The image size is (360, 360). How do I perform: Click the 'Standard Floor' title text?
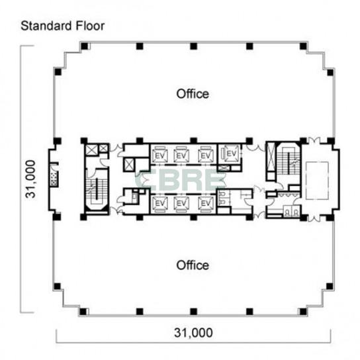pos(62,26)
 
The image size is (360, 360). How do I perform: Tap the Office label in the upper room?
pos(193,94)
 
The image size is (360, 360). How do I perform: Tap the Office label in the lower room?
pos(193,265)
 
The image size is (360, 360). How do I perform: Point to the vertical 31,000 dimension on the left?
pos(31,179)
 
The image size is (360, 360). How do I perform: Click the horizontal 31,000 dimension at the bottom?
pos(193,333)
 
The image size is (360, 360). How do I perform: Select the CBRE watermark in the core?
pos(181,180)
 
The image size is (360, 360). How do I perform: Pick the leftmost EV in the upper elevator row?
pos(159,156)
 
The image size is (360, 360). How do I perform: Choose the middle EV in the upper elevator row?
pos(181,156)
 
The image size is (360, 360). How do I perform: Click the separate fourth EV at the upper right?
pos(231,153)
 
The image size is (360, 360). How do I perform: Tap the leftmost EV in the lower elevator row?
pos(160,203)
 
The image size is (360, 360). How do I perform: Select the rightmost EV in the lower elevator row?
pos(206,203)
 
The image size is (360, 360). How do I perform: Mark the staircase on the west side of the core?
pos(97,191)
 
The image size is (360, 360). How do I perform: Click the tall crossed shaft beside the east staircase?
pos(271,157)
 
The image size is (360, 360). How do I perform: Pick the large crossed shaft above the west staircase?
pos(91,150)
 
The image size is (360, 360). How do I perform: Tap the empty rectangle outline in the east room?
pos(317,181)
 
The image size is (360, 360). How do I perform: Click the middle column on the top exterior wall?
pos(193,46)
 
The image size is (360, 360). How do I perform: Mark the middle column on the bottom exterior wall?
pos(193,311)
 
